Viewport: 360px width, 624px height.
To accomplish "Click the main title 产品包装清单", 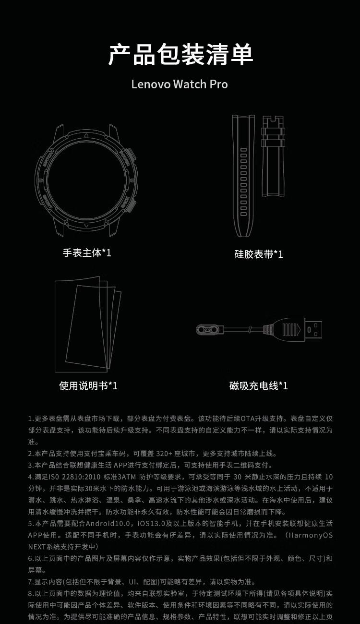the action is point(180,55).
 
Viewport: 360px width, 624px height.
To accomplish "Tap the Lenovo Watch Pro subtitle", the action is point(180,84).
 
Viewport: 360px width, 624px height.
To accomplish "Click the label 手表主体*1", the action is point(87,253).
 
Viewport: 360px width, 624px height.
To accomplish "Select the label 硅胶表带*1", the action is point(259,254).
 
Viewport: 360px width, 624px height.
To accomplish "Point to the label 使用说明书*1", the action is point(88,385).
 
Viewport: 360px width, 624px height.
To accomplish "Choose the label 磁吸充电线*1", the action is point(259,385).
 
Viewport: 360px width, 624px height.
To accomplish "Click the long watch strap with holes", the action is point(243,176).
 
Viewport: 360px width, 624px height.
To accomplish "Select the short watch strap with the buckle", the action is point(273,156).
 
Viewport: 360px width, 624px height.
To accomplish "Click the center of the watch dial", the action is point(85,180).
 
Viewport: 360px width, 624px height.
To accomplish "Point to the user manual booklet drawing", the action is point(88,324).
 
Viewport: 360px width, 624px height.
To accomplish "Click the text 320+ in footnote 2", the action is point(164,454).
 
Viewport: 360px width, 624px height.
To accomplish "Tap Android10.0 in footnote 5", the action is point(108,523).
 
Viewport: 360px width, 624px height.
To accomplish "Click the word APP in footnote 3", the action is point(120,465).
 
